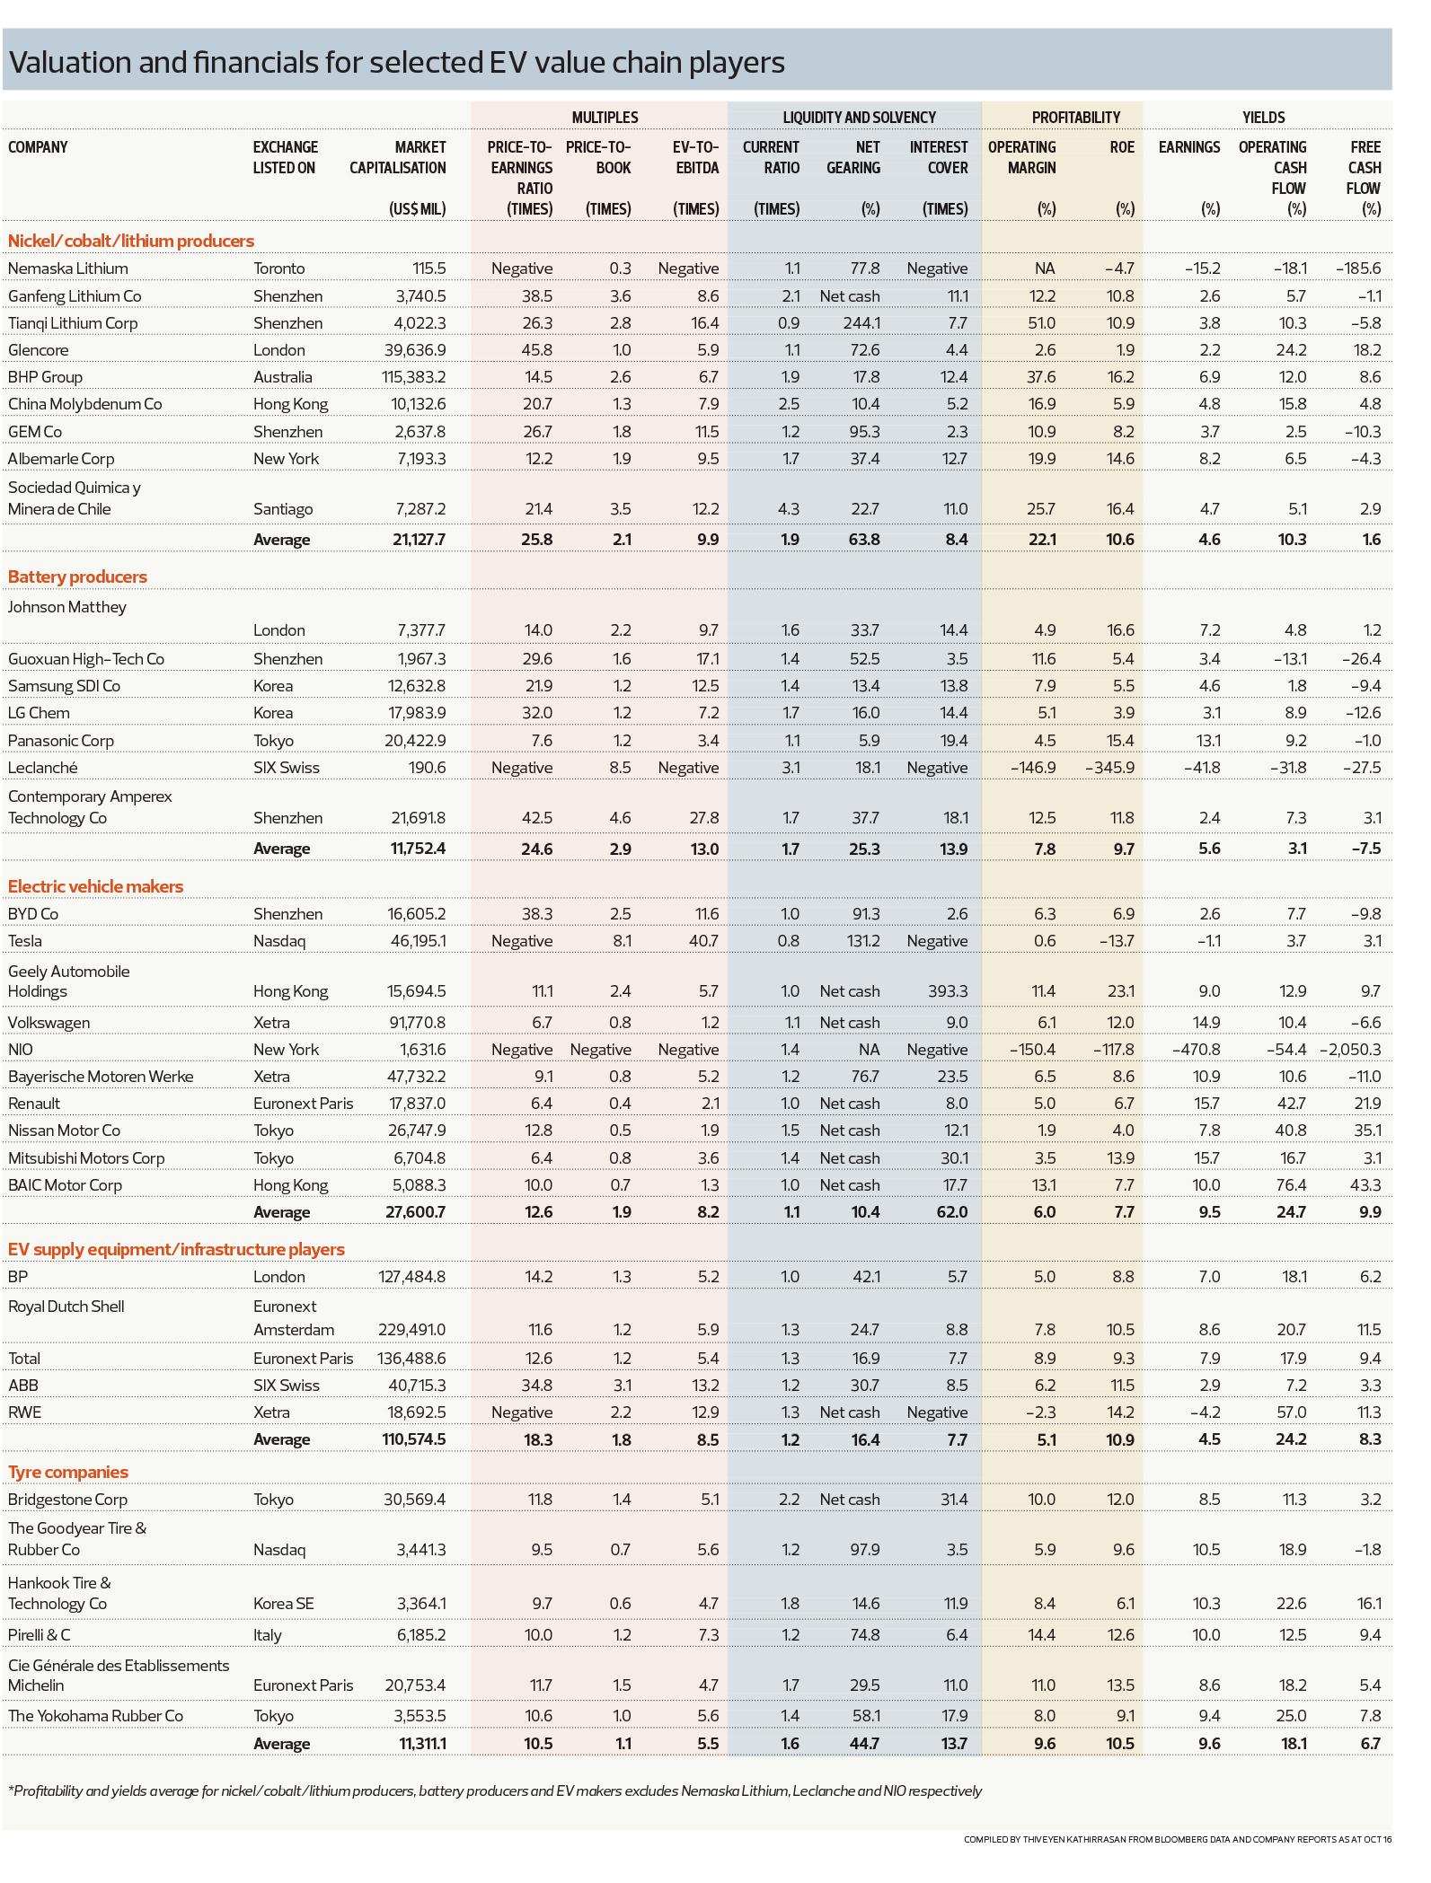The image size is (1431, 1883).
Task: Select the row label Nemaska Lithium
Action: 68,268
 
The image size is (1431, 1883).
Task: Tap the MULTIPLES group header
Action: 605,118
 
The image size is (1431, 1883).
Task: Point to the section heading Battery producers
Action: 77,576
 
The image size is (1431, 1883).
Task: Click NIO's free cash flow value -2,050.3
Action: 1350,1050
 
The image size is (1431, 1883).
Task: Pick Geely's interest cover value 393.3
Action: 948,991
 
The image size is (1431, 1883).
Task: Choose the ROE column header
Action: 1122,147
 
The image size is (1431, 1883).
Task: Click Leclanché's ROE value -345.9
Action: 1110,768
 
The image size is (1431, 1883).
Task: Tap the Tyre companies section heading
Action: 68,1472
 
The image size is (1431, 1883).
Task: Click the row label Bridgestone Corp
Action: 67,1500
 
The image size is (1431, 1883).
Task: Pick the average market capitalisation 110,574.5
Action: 409,1439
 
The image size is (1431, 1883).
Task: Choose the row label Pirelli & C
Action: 39,1635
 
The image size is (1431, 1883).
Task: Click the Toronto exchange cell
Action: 279,268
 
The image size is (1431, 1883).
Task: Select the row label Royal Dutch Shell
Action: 66,1307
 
